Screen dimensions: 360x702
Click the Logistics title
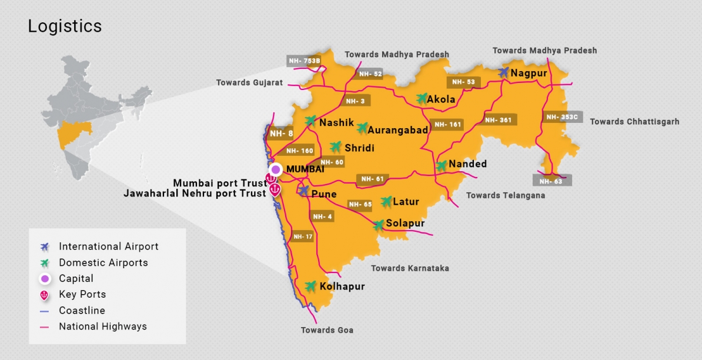pos(65,26)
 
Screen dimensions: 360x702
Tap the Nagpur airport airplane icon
pos(503,72)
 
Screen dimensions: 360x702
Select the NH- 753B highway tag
pos(305,61)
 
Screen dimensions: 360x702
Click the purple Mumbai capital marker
pos(276,169)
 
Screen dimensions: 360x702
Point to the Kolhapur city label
pos(342,287)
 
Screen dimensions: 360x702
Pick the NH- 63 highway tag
pos(551,181)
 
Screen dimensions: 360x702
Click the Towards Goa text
pos(327,330)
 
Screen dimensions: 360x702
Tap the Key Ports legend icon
pos(44,295)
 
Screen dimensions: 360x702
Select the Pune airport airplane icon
pos(303,191)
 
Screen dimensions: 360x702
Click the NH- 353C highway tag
pos(563,117)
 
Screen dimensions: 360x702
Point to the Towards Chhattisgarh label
pos(634,122)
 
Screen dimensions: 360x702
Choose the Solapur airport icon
pos(379,224)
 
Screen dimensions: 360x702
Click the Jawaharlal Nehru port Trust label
pos(195,193)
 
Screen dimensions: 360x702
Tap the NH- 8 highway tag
pos(281,134)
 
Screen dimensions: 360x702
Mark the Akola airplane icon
pos(421,99)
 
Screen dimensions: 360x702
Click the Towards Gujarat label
pos(249,82)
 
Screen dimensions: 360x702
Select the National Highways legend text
pos(103,326)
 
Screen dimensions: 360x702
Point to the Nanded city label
pos(467,164)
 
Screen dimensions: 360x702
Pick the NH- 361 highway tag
pos(499,120)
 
